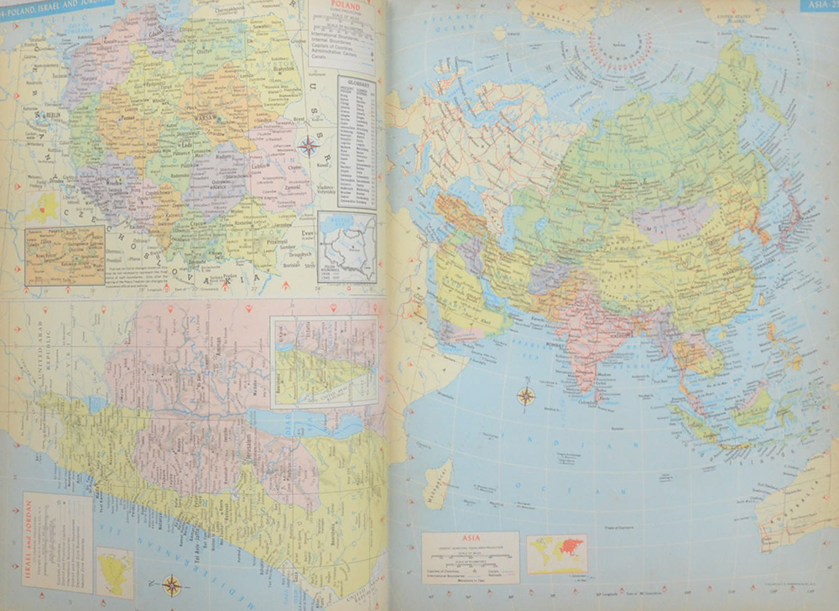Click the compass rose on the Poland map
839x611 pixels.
[x=309, y=146]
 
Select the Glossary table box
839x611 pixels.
[x=357, y=143]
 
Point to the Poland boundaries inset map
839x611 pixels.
[x=347, y=248]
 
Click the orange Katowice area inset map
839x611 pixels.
[x=65, y=254]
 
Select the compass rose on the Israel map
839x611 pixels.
[x=171, y=585]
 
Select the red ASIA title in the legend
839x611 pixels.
[x=470, y=539]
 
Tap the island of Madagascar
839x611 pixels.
[x=437, y=481]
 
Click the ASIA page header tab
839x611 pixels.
[x=819, y=6]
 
